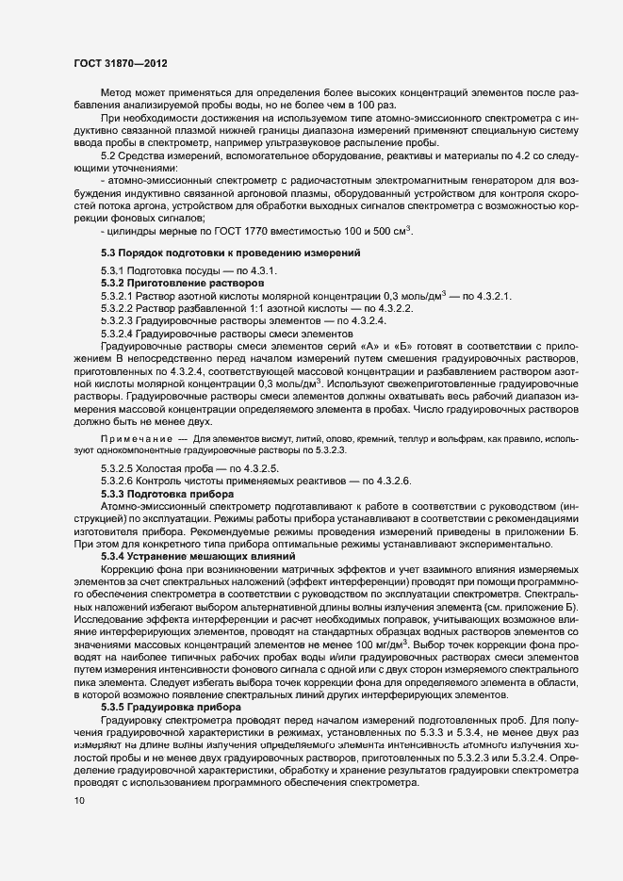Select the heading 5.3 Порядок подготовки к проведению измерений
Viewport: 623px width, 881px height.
[x=230, y=253]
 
